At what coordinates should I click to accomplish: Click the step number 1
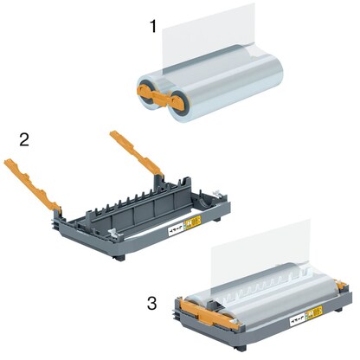coord(153,27)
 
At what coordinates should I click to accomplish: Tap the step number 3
coord(152,304)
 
